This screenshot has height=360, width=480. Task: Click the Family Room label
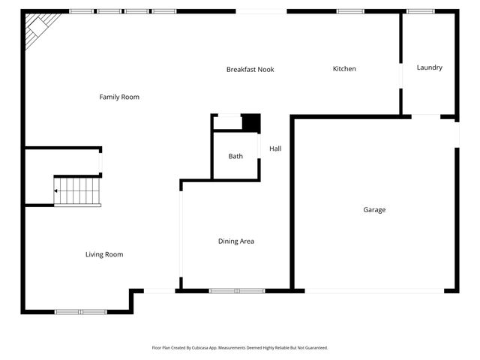pyautogui.click(x=119, y=97)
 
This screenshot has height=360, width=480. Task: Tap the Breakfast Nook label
pyautogui.click(x=250, y=70)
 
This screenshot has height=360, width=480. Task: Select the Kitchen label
pyautogui.click(x=344, y=69)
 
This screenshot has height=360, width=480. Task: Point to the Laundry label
pyautogui.click(x=429, y=67)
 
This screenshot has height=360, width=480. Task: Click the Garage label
pyautogui.click(x=374, y=210)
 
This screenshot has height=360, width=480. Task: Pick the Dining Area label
pyautogui.click(x=235, y=241)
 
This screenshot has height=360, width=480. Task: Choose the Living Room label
pyautogui.click(x=103, y=255)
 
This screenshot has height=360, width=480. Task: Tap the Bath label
pyautogui.click(x=235, y=156)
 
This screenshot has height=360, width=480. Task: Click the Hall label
pyautogui.click(x=275, y=148)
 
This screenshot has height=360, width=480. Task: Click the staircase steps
pyautogui.click(x=78, y=190)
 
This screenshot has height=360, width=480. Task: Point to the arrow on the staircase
pyautogui.click(x=56, y=191)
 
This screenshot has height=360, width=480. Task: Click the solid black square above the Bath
pyautogui.click(x=250, y=123)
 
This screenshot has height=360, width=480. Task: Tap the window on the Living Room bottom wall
pyautogui.click(x=81, y=311)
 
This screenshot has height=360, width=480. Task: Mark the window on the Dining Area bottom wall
pyautogui.click(x=237, y=290)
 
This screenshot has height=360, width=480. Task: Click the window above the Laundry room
pyautogui.click(x=420, y=11)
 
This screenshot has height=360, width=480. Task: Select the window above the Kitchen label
pyautogui.click(x=350, y=11)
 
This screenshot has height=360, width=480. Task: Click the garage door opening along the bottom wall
pyautogui.click(x=374, y=291)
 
